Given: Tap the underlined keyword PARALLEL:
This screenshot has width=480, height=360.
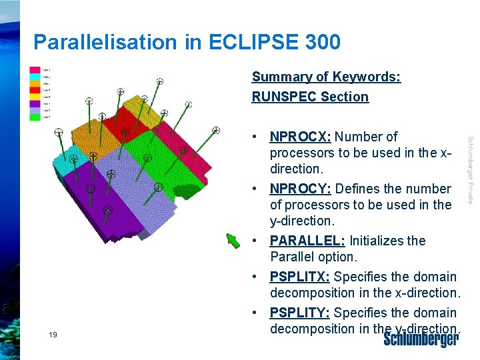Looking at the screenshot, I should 307,241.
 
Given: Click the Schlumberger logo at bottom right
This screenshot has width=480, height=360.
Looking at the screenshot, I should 421,339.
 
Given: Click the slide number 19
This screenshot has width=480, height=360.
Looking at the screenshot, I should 53,335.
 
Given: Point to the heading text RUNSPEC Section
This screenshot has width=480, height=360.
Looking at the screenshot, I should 310,97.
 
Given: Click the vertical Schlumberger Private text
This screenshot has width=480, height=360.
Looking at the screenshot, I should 470,170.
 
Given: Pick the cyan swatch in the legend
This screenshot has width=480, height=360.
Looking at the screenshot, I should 35,77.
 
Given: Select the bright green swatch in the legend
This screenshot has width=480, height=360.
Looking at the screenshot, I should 35,116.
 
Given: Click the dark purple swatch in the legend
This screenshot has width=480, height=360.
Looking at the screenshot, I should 35,103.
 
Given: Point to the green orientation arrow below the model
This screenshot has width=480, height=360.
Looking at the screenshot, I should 233,240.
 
